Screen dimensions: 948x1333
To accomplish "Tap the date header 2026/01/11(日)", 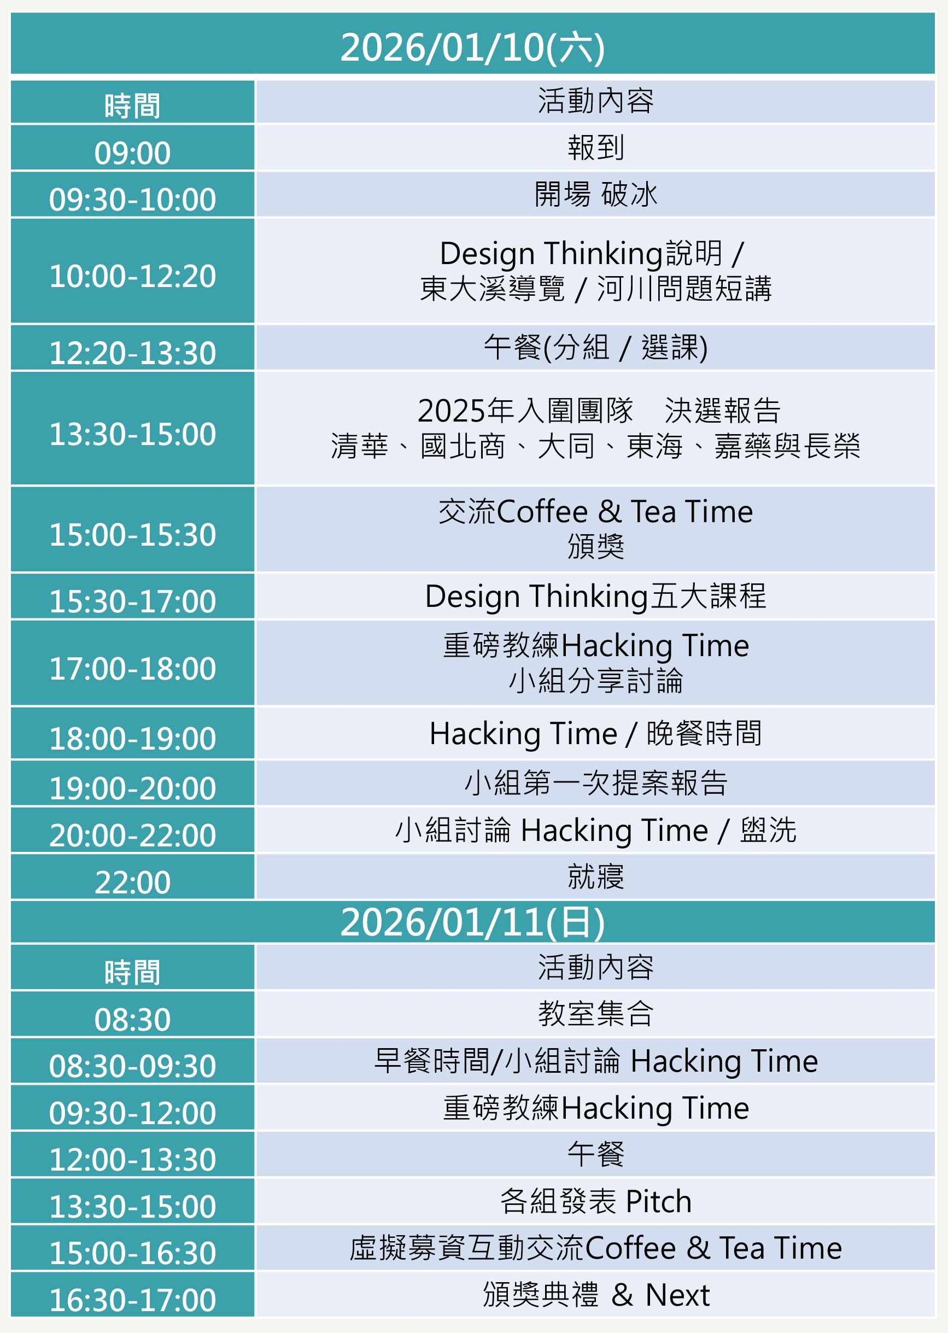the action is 472,922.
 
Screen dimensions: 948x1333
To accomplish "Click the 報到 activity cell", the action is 595,147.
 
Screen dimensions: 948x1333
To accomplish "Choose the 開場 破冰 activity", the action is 595,194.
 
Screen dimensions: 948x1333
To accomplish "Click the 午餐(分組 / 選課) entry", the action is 595,347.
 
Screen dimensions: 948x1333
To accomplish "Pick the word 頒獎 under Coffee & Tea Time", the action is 595,546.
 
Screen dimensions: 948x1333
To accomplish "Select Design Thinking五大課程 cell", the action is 595,597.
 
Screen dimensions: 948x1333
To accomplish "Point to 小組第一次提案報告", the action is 595,782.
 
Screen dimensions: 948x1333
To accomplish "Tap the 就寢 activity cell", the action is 595,876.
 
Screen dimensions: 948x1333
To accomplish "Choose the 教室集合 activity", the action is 595,1014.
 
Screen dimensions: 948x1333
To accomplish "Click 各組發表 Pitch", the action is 595,1201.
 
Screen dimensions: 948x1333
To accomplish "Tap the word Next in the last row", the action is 677,1296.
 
